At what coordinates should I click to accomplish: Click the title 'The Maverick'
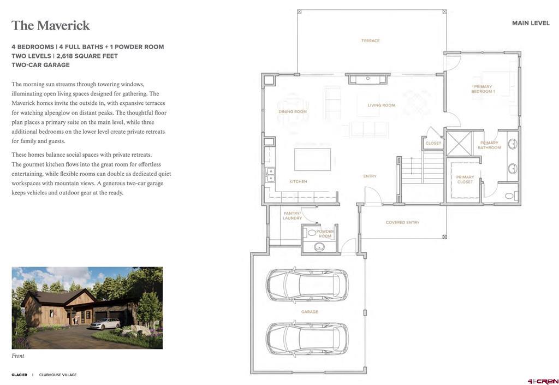tap(51, 26)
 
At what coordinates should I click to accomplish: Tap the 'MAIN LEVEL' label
tap(531, 23)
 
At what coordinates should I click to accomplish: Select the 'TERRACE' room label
tap(370, 40)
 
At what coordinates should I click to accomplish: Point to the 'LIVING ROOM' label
tap(381, 105)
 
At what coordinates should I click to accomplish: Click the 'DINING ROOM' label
tap(293, 111)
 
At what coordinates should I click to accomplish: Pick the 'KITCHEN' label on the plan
tap(298, 181)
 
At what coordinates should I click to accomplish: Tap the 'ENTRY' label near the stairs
tap(370, 176)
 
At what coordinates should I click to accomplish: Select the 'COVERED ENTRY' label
tap(402, 222)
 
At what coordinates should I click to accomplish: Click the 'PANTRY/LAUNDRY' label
tap(292, 216)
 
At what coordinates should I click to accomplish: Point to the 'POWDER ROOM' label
tap(325, 234)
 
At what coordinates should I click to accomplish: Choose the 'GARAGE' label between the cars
tap(310, 312)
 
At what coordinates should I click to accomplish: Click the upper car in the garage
tap(307, 284)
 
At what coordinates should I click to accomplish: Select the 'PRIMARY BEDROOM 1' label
tap(483, 89)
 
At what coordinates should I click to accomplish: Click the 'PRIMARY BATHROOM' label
tap(489, 145)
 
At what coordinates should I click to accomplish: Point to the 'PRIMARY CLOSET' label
tap(465, 179)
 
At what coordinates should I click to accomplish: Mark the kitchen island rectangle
tap(312, 159)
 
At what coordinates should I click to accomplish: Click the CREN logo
tap(543, 381)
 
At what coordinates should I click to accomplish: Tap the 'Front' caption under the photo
tap(18, 356)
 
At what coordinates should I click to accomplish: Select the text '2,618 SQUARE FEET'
tap(87, 56)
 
